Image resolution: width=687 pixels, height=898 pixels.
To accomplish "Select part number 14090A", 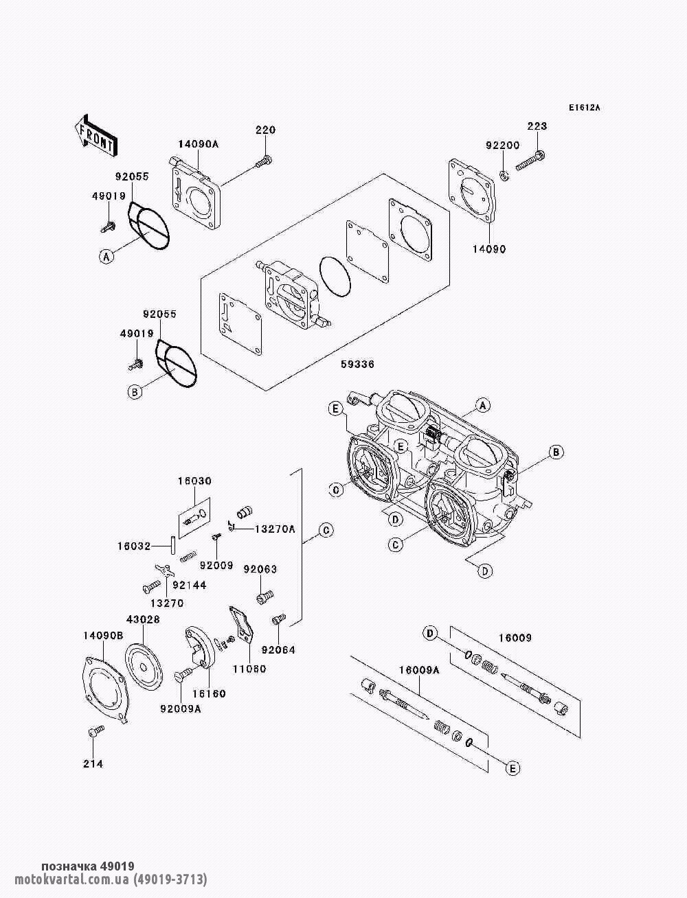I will coord(198,144).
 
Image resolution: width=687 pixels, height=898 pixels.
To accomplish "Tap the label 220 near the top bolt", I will coord(265,130).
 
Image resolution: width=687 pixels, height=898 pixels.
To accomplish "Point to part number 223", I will coord(537,126).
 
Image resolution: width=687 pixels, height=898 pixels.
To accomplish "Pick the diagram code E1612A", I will coord(584,108).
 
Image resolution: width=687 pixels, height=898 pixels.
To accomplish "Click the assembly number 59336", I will coord(357,365).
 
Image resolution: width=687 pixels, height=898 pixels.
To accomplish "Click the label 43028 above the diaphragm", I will coord(143,619).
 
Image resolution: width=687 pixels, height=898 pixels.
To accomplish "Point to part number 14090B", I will coord(103,636).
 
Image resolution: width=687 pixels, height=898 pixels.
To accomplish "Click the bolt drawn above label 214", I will coord(95,733).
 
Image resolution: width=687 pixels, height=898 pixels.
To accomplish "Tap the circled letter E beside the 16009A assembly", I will coord(512,769).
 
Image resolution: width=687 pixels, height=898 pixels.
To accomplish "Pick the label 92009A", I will coord(181,709).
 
